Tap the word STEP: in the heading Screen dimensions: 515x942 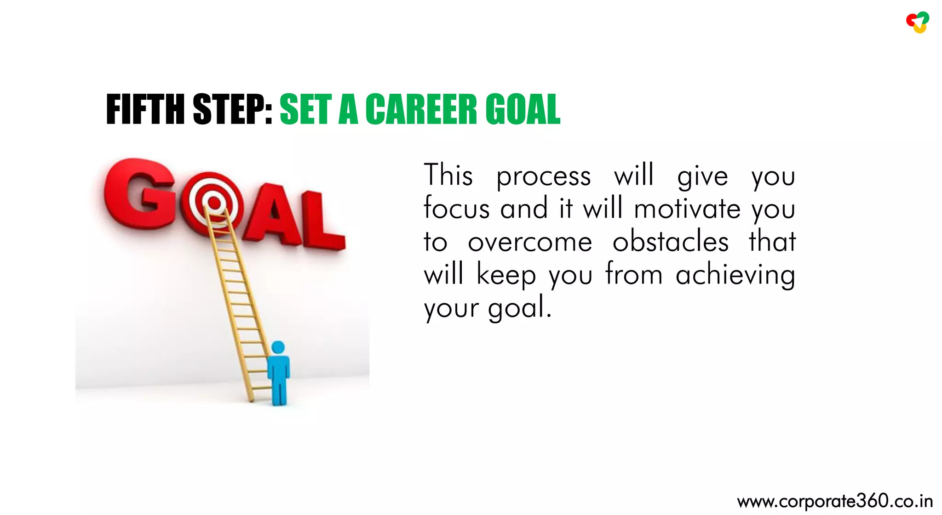(x=233, y=109)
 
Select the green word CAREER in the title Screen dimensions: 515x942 (x=421, y=109)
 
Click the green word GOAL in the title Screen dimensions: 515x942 (x=523, y=109)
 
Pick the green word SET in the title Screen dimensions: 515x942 (x=305, y=109)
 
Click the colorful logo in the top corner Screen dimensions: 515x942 (x=918, y=23)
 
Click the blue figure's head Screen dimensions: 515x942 (x=278, y=347)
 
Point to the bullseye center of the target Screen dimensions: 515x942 (x=213, y=202)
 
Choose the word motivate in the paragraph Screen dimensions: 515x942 (x=687, y=209)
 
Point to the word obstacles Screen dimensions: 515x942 (x=670, y=242)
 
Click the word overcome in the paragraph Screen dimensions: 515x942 (x=530, y=243)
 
